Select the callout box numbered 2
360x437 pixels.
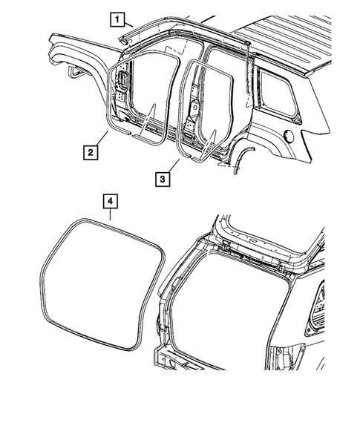[x=89, y=154]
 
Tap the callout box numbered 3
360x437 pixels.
[x=164, y=178]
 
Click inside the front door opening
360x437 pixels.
[x=148, y=89]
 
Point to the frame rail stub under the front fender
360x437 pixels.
[x=74, y=72]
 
